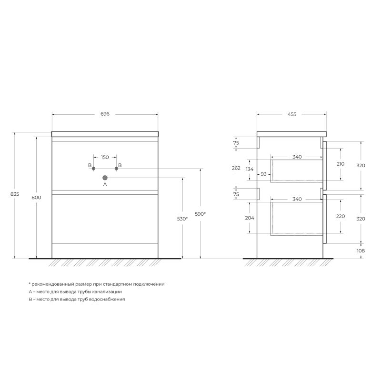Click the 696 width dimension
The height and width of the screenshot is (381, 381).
(105, 114)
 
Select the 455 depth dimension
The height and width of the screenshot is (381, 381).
(292, 114)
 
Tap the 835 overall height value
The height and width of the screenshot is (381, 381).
(15, 194)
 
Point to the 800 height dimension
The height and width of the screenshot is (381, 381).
(36, 198)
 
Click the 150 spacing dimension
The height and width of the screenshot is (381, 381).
(105, 157)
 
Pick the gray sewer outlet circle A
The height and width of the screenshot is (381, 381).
(105, 178)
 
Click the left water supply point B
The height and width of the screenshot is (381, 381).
(93, 169)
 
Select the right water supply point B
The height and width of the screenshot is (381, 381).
(116, 169)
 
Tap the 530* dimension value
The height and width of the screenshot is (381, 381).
(182, 219)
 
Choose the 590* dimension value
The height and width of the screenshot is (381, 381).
(200, 214)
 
